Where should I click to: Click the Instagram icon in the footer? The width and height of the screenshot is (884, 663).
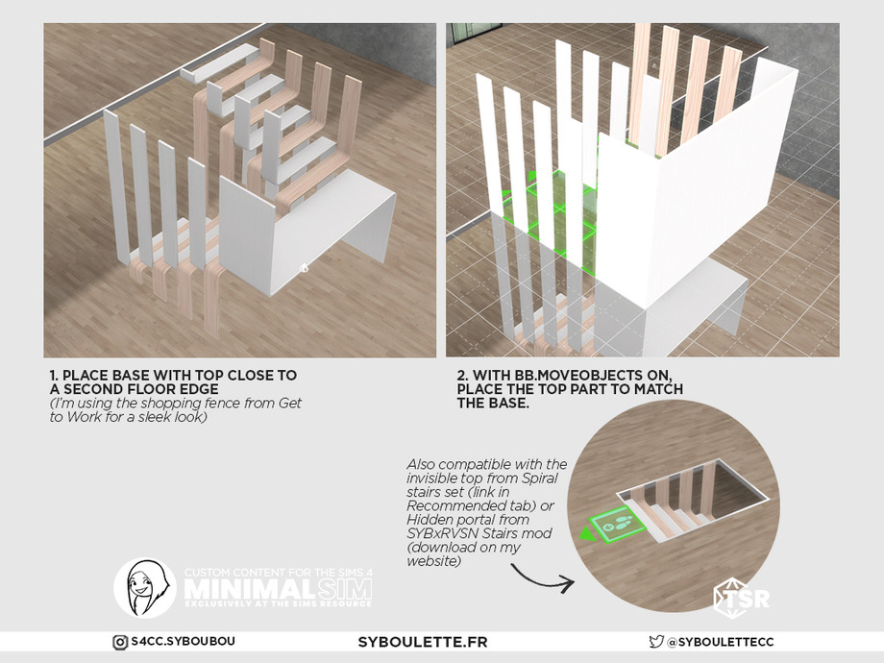pos(120,642)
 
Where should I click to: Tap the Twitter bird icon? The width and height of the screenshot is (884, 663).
pos(656,642)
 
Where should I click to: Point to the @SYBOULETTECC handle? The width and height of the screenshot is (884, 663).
pos(721,642)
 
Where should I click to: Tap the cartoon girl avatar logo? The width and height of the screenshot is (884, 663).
pos(144,587)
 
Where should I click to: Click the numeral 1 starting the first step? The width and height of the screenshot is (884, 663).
pos(53,375)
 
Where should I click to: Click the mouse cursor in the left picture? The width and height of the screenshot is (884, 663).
pos(304,267)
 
